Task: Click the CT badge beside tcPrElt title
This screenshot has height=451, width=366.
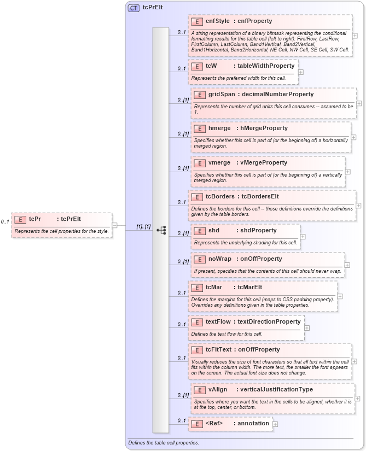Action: point(133,8)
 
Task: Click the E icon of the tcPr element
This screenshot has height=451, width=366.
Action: point(20,219)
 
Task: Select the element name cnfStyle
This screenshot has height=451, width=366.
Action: point(217,21)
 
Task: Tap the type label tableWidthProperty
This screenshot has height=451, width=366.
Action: point(266,66)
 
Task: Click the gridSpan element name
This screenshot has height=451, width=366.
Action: point(222,94)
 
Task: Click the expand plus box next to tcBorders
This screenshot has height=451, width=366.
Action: point(358,206)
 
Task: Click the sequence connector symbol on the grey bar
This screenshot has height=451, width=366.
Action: point(161,230)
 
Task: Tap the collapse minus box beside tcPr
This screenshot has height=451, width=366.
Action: point(114,225)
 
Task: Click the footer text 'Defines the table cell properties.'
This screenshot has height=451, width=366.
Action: point(163,442)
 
